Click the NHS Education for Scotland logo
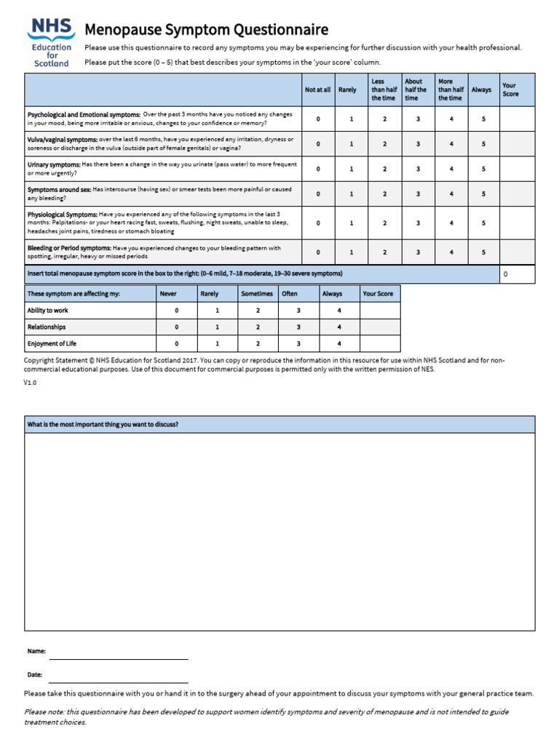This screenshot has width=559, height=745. pyautogui.click(x=50, y=42)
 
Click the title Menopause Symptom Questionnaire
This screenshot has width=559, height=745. pyautogui.click(x=207, y=30)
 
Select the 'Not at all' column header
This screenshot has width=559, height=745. pyautogui.click(x=318, y=90)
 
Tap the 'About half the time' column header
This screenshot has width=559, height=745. pyautogui.click(x=417, y=90)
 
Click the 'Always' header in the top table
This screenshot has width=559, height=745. pyautogui.click(x=481, y=90)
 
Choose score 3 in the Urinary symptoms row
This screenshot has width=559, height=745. pyautogui.click(x=418, y=169)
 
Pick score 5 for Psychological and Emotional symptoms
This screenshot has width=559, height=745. pyautogui.click(x=483, y=119)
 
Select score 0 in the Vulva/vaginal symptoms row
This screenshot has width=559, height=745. pyautogui.click(x=318, y=144)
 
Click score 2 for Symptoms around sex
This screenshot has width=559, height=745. pyautogui.click(x=384, y=194)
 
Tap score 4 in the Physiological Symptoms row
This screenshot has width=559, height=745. pyautogui.click(x=451, y=223)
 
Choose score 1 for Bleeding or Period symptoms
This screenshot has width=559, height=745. pyautogui.click(x=352, y=252)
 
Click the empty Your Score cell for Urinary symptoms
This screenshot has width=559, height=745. pyautogui.click(x=517, y=169)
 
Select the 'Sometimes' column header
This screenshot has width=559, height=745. pyautogui.click(x=257, y=294)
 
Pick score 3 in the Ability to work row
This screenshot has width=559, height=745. pyautogui.click(x=298, y=311)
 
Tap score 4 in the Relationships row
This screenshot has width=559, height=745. pyautogui.click(x=339, y=327)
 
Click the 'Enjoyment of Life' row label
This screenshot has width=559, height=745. pyautogui.click(x=52, y=344)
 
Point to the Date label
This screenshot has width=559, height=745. pyautogui.click(x=35, y=675)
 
